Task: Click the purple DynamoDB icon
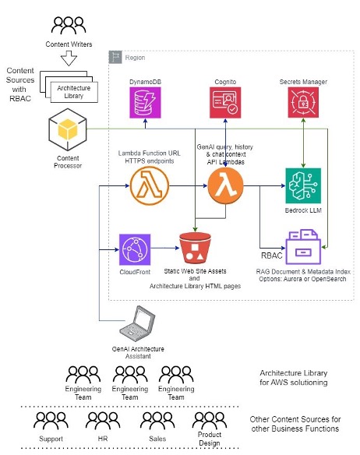[145, 103]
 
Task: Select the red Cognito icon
[225, 103]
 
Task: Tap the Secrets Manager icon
[303, 102]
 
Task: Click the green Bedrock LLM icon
[303, 185]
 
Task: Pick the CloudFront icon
[135, 249]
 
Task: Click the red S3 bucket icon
[195, 248]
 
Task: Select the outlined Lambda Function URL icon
[150, 185]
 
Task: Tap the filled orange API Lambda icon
[225, 185]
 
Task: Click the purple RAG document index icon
[303, 247]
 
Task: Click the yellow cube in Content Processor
[68, 129]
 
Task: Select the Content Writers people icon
[69, 25]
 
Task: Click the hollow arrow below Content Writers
[69, 58]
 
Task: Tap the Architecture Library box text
[74, 92]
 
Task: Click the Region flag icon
[115, 57]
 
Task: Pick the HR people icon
[103, 421]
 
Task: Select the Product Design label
[210, 439]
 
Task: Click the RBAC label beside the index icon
[272, 256]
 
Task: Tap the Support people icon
[51, 421]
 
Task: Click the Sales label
[157, 439]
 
